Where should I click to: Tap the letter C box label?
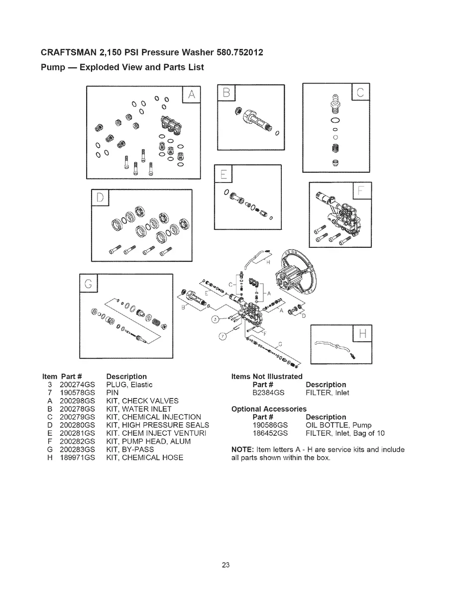click(361, 94)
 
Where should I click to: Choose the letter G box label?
click(89, 283)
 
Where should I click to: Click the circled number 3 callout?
click(215, 318)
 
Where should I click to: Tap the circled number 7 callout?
click(224, 336)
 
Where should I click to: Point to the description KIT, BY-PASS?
click(130, 449)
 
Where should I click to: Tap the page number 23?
click(225, 565)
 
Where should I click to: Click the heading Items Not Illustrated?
click(267, 376)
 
